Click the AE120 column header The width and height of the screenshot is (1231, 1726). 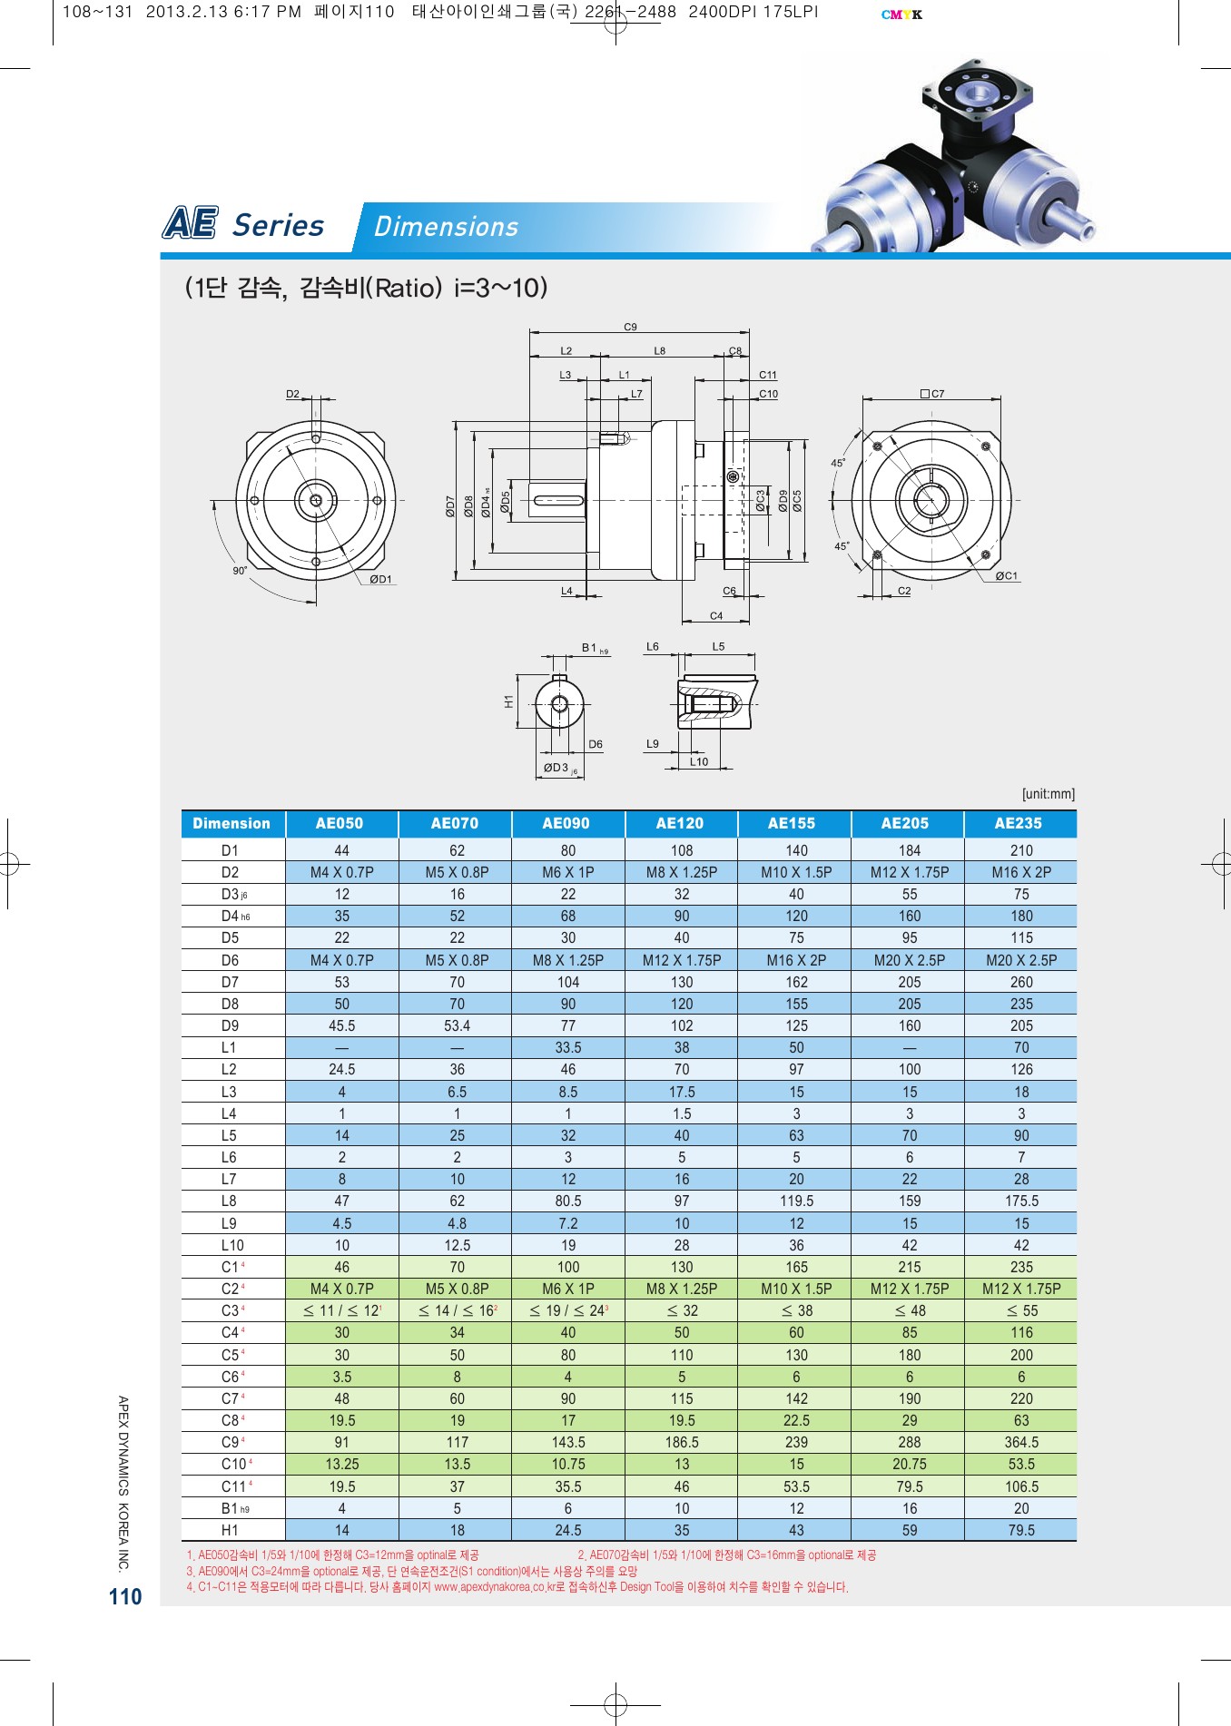click(680, 823)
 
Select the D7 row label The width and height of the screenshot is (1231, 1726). click(230, 982)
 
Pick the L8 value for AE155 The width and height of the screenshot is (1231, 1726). click(796, 1201)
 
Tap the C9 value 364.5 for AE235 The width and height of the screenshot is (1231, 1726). click(1021, 1442)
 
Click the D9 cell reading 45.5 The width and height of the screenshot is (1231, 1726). click(341, 1025)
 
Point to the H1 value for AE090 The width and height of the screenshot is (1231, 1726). click(567, 1530)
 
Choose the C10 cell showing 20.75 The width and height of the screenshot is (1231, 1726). click(909, 1464)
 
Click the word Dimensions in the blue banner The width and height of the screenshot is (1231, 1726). click(446, 226)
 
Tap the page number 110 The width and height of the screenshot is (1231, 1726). click(125, 1597)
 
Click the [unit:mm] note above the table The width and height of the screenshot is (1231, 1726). click(1048, 794)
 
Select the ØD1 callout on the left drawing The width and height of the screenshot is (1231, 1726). click(380, 579)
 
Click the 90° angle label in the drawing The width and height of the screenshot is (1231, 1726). click(240, 571)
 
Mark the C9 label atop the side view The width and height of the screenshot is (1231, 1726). click(630, 327)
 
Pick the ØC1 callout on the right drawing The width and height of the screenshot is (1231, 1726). click(1006, 575)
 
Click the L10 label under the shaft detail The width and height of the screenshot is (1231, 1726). click(698, 761)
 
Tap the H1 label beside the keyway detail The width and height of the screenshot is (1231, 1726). click(508, 701)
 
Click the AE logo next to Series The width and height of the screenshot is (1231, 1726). click(191, 223)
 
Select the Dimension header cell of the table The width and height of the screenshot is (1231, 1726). click(231, 823)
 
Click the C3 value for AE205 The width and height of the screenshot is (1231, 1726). click(910, 1310)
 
